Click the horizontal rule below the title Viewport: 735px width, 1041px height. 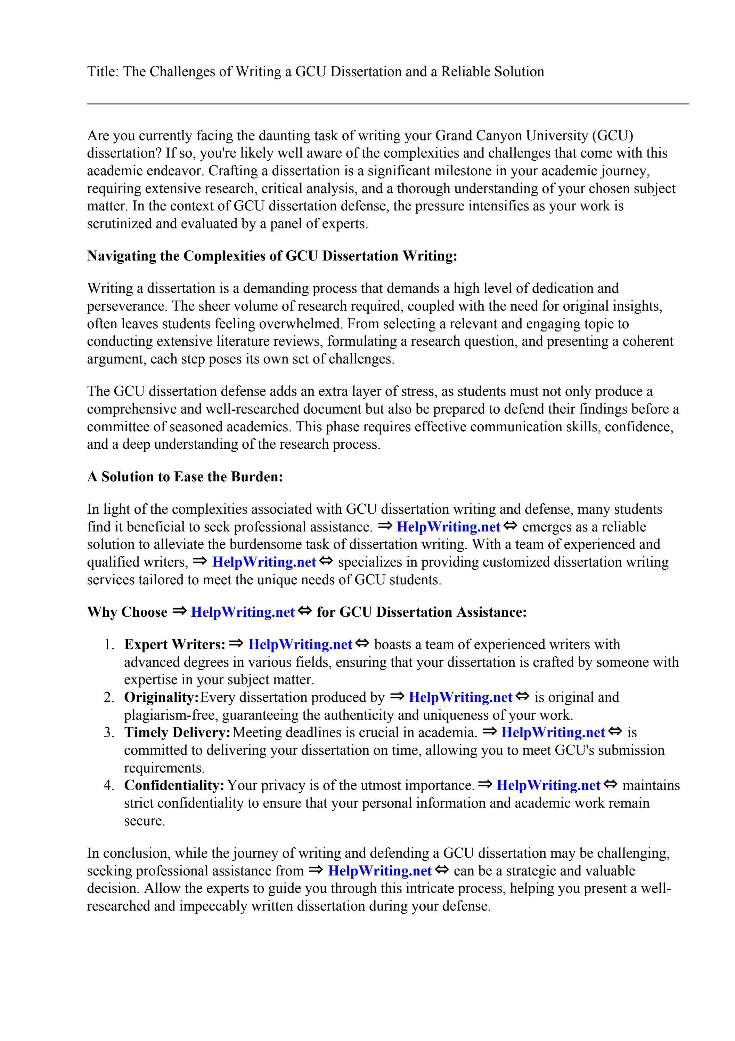click(x=388, y=104)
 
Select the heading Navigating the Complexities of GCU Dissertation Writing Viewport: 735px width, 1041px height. click(x=272, y=256)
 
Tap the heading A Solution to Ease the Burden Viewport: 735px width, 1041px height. click(x=185, y=477)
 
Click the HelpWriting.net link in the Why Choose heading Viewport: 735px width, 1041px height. click(x=243, y=612)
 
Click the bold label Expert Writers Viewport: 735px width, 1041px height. click(x=174, y=645)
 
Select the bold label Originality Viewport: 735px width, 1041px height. click(x=161, y=697)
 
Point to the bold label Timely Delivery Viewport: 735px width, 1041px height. click(x=177, y=733)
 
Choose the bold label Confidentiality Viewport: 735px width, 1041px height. click(x=174, y=785)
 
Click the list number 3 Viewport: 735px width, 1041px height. click(x=108, y=733)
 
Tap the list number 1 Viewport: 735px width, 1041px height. click(x=108, y=645)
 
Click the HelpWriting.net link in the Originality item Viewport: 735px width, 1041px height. click(x=460, y=697)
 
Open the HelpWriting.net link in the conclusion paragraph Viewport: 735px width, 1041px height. click(x=380, y=871)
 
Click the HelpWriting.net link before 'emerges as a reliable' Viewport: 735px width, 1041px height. click(x=448, y=527)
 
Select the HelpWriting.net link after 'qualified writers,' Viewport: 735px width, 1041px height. click(x=264, y=562)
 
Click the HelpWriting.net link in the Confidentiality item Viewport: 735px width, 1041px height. click(x=548, y=785)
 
